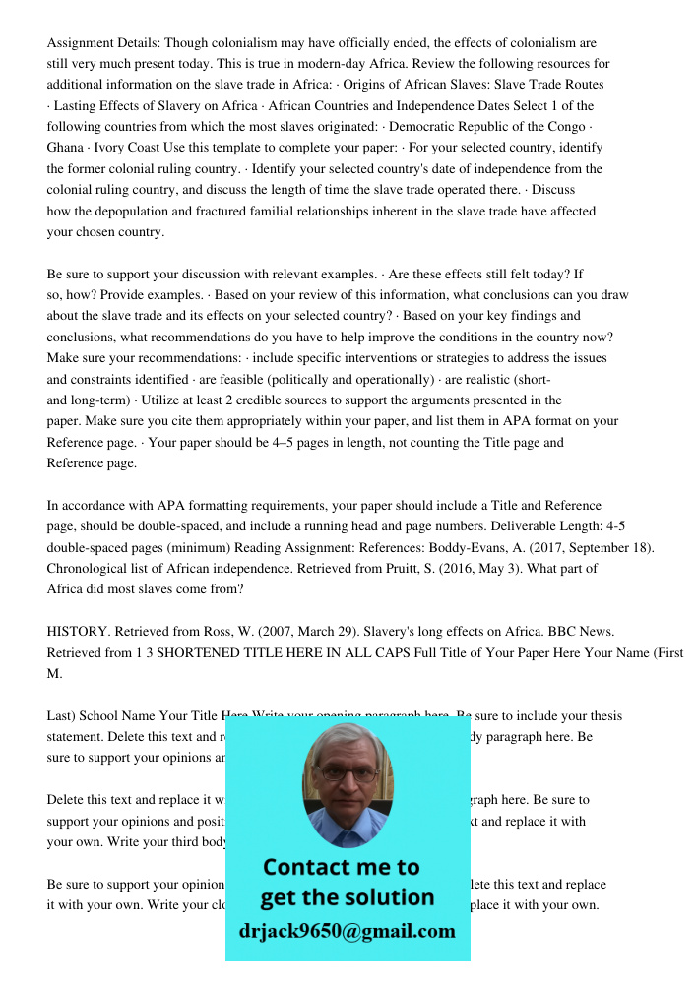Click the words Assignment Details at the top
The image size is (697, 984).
(x=102, y=43)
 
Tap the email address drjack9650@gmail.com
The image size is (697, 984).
(x=348, y=931)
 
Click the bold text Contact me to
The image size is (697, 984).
(x=342, y=867)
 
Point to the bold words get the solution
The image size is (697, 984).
(x=347, y=897)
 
